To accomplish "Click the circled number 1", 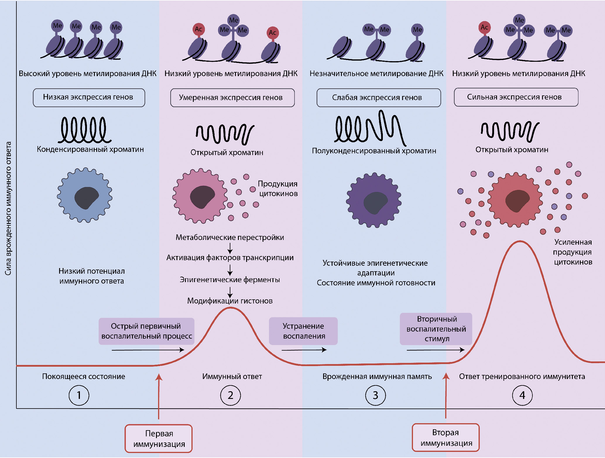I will (x=79, y=395).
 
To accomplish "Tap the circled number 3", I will (x=376, y=395).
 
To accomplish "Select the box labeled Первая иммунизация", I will (x=159, y=438).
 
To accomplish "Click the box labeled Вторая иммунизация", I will (x=446, y=438).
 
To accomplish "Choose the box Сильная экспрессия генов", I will (x=516, y=97).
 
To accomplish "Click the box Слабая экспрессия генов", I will (x=378, y=98).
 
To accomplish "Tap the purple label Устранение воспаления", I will (x=303, y=331).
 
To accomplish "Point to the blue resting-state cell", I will (x=85, y=195).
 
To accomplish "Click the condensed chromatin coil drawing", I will (x=84, y=130).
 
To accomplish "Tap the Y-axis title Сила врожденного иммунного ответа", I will (x=8, y=208).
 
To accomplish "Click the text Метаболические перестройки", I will (x=230, y=237).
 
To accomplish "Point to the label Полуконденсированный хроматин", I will (x=374, y=151).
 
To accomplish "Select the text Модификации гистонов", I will (x=230, y=301).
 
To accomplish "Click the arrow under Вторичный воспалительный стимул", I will (x=436, y=350).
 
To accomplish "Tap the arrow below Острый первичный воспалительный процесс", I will (x=148, y=350).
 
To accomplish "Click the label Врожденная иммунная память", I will (x=377, y=376).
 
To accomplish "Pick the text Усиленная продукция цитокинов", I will (x=573, y=252).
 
